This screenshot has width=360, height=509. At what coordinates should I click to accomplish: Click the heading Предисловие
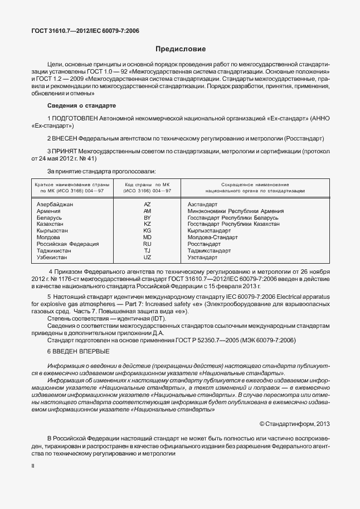(180, 49)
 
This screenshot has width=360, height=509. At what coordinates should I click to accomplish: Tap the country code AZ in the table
(147, 205)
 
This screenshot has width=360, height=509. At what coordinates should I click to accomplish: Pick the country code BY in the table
(147, 217)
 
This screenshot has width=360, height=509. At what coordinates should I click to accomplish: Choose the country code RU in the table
(147, 244)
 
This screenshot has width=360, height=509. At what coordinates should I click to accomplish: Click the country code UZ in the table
(147, 258)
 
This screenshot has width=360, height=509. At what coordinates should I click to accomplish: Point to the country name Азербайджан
(55, 205)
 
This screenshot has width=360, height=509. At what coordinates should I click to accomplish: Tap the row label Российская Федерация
(67, 244)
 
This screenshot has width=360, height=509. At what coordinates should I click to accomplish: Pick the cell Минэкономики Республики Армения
(236, 211)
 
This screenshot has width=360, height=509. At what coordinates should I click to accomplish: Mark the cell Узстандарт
(203, 258)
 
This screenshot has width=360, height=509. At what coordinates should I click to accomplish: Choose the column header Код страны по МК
(147, 184)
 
